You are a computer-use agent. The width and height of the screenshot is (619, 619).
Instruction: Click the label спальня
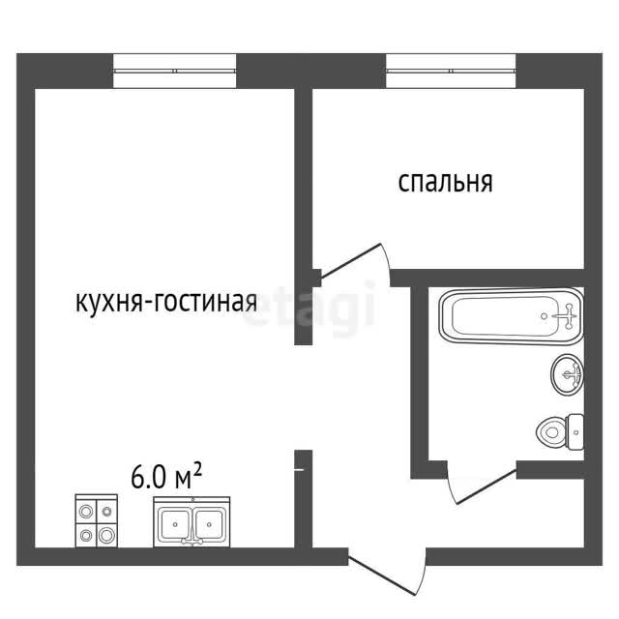point(445,183)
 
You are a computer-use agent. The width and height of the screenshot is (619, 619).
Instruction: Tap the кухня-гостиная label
point(166,302)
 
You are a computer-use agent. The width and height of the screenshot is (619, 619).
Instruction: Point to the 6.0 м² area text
point(166,477)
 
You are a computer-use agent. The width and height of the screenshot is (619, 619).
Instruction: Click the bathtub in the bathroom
point(512,316)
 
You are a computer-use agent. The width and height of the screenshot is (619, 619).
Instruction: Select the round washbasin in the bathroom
point(568,374)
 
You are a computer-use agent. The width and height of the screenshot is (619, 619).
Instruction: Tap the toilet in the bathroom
point(560,431)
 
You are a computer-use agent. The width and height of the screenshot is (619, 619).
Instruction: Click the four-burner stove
point(97,521)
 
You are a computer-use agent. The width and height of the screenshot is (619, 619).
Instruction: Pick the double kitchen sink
point(192,522)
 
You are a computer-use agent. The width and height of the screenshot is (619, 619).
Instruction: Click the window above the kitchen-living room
point(175,71)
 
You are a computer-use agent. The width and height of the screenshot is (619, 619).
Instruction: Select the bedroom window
point(451,71)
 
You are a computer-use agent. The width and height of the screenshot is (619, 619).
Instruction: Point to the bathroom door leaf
point(486,486)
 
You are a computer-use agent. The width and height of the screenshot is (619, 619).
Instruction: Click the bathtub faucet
point(568,316)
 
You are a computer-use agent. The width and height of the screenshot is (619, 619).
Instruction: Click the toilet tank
point(576,431)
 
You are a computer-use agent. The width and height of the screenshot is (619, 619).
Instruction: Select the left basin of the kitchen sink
point(174,524)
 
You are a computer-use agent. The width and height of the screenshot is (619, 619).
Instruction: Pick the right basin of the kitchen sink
point(209,524)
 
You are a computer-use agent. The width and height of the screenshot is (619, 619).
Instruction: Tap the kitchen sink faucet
point(192,541)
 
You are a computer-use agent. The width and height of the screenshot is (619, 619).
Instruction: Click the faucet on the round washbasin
point(573,374)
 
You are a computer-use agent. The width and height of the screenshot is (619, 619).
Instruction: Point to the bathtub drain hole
point(545,316)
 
